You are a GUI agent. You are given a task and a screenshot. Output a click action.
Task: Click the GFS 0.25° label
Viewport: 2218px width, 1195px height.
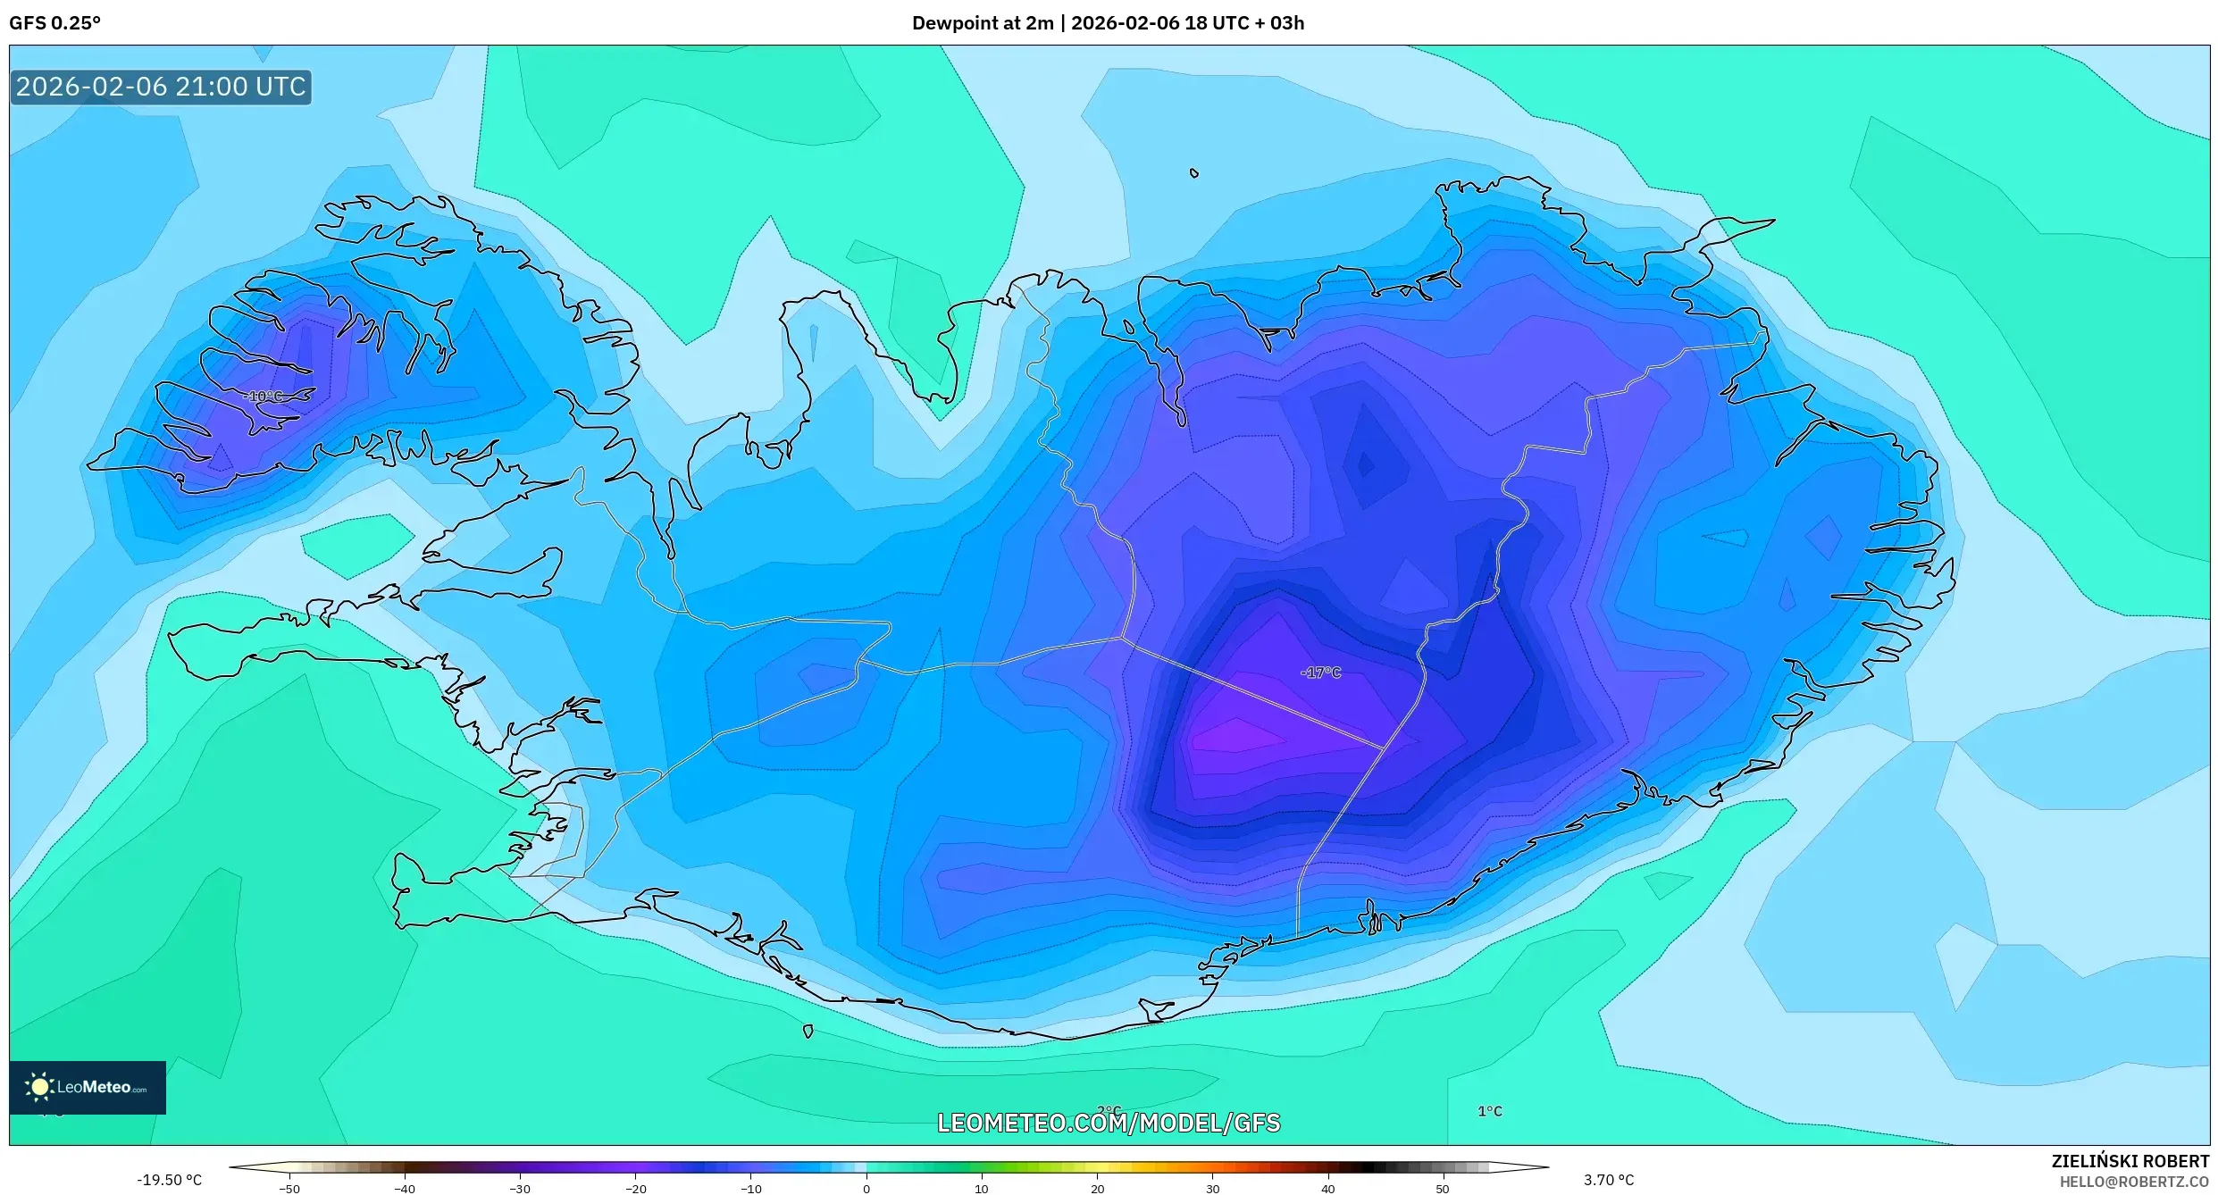(x=54, y=23)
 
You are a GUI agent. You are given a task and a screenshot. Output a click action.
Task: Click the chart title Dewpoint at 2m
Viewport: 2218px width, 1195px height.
(x=982, y=23)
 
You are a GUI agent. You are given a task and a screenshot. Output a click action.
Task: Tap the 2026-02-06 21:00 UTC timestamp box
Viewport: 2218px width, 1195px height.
(x=161, y=87)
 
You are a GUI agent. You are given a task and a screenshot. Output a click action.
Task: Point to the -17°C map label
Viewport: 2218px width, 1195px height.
(x=1320, y=673)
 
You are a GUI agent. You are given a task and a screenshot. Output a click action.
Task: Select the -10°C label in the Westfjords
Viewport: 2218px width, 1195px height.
(x=263, y=397)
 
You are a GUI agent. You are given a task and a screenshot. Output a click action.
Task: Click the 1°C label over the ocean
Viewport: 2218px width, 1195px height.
(x=1489, y=1111)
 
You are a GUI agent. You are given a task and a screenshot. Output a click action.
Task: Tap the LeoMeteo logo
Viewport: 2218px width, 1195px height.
(x=88, y=1087)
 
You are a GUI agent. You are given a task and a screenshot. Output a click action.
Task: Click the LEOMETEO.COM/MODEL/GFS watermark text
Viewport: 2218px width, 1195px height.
(x=1108, y=1124)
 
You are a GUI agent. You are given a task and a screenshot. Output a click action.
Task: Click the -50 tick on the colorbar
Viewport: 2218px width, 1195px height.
(x=289, y=1189)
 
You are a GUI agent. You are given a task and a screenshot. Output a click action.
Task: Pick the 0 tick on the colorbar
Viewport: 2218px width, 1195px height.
(x=866, y=1189)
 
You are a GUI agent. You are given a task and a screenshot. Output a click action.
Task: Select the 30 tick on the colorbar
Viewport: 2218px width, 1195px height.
(x=1212, y=1189)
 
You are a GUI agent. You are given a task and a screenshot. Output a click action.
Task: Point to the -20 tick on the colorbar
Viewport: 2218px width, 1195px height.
(x=635, y=1189)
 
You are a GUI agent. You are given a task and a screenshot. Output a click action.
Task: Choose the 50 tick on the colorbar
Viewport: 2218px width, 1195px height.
(x=1443, y=1189)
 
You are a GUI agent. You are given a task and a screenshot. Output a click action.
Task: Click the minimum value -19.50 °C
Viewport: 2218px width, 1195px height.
(x=169, y=1180)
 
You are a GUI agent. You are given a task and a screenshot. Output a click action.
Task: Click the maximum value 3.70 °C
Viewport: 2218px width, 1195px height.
(x=1608, y=1180)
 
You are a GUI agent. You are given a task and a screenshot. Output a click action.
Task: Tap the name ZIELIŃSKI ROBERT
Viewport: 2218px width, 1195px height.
(x=2130, y=1161)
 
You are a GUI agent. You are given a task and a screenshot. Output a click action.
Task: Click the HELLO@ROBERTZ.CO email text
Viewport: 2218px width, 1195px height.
(x=2133, y=1182)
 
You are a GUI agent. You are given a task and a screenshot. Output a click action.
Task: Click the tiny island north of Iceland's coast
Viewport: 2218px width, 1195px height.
(x=1194, y=173)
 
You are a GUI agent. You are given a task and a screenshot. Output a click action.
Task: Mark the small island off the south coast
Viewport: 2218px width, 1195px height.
(x=808, y=1032)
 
